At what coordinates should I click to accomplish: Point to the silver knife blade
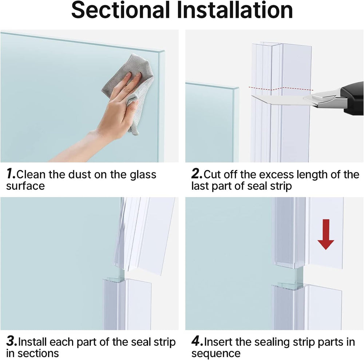pos(277,99)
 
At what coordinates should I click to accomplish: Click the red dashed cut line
pos(280,88)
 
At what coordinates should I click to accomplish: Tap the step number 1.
pos(11,174)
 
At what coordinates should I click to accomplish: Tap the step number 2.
pos(197,174)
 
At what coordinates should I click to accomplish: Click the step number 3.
pos(12,342)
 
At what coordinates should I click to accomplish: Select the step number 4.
pos(197,342)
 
